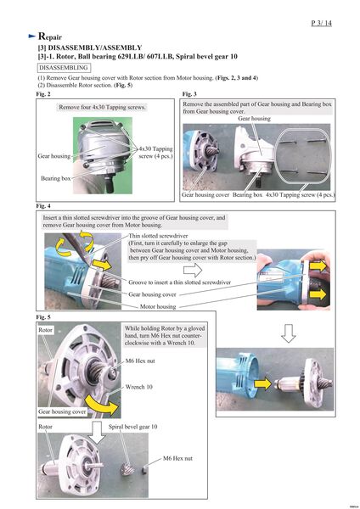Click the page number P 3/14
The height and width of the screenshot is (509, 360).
click(321, 23)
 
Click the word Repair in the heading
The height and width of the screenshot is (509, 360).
click(50, 36)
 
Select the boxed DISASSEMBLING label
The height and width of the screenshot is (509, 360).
click(64, 68)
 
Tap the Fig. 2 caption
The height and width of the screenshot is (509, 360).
click(43, 94)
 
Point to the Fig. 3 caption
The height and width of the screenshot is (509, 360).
click(189, 94)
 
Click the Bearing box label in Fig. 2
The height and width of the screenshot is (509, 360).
click(55, 178)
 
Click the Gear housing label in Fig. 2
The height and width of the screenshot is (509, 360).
click(54, 156)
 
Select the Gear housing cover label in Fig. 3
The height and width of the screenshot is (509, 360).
click(205, 195)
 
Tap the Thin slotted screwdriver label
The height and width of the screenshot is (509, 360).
click(158, 236)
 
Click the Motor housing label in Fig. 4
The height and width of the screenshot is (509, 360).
click(158, 306)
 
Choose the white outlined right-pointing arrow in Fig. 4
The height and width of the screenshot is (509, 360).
click(193, 270)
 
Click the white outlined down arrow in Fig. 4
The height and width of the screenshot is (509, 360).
click(288, 333)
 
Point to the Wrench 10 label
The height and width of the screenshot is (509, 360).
click(138, 387)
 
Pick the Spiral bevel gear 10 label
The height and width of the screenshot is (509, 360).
click(133, 427)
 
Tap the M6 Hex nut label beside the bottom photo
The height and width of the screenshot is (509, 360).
click(177, 458)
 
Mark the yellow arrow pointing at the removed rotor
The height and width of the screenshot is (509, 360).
click(262, 383)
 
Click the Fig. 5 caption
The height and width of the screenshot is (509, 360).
click(43, 316)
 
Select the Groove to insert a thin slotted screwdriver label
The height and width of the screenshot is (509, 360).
click(180, 282)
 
